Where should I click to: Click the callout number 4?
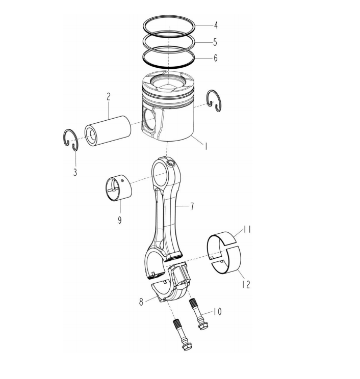pyautogui.click(x=216, y=25)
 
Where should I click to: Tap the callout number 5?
pyautogui.click(x=215, y=42)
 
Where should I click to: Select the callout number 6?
pyautogui.click(x=215, y=58)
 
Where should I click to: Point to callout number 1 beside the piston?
pyautogui.click(x=206, y=146)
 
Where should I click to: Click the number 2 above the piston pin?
pyautogui.click(x=109, y=96)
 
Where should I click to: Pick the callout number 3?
pyautogui.click(x=75, y=172)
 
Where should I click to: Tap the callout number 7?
pyautogui.click(x=192, y=206)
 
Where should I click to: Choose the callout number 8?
pyautogui.click(x=141, y=302)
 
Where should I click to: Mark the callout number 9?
pyautogui.click(x=119, y=220)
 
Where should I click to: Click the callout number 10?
pyautogui.click(x=218, y=312)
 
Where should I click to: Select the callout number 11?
pyautogui.click(x=247, y=229)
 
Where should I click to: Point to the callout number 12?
pyautogui.click(x=246, y=284)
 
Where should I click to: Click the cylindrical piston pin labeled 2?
pyautogui.click(x=108, y=131)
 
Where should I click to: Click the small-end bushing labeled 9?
pyautogui.click(x=119, y=187)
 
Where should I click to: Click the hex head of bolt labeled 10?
pyautogui.click(x=203, y=327)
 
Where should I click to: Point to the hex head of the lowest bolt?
pyautogui.click(x=187, y=346)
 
